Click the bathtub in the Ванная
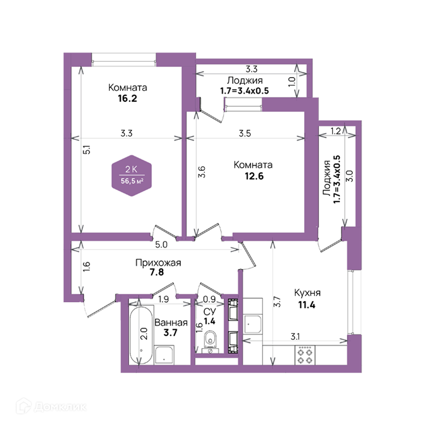pos(141,335)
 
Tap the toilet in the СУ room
pos(210,339)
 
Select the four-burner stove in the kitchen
pos(305,355)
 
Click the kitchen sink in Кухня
pos(253,324)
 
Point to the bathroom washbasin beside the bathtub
pos(164,355)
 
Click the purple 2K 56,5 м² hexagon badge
pos(132,176)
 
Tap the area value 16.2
pos(127,99)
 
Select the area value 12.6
pos(254,176)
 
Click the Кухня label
pos(307,293)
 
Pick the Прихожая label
pos(158,263)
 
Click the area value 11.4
pos(307,305)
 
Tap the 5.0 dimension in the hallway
pos(161,245)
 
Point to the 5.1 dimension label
pos(87,150)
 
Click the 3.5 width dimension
pos(245,133)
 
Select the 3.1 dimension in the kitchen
pos(295,337)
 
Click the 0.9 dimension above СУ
pos(209,299)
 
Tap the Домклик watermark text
pos(61,407)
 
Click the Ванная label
pos(171,323)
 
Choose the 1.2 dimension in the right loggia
pos(336,131)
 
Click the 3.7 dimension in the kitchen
pos(277,302)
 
